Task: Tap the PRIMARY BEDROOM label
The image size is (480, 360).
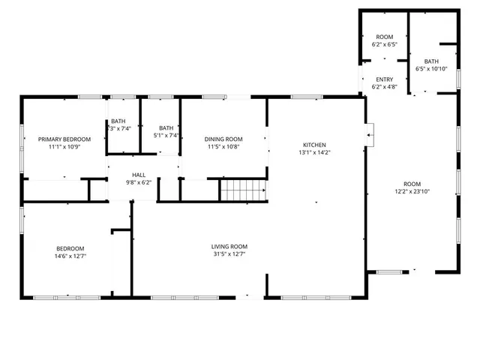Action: coord(64,139)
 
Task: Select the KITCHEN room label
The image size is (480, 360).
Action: coord(314,145)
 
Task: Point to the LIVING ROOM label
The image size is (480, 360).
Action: coord(229,246)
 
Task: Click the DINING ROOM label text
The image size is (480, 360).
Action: coord(224,139)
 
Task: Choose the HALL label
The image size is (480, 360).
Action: coord(139,174)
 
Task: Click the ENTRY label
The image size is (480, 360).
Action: coord(384,79)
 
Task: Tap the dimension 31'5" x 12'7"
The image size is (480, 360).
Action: coord(229,254)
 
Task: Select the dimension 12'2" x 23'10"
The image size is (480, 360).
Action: coord(412,191)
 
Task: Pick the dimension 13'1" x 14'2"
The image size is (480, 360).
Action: coord(314,152)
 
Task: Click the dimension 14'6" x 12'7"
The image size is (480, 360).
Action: coord(70,256)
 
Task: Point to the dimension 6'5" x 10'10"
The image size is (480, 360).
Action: coord(431,69)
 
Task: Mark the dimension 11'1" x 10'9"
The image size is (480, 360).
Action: coord(64,147)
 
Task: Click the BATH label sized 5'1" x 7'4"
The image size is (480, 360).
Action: coord(166,128)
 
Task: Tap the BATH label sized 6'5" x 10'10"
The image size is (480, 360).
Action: coord(431,61)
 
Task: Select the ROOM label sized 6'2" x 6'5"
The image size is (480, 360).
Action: coord(384,37)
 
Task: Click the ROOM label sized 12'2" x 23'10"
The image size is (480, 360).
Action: coord(412,184)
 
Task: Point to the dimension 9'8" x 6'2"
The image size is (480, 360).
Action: coord(139,181)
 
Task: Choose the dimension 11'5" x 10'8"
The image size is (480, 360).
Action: coord(224,147)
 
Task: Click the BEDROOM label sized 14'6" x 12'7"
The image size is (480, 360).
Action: coord(70,248)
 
